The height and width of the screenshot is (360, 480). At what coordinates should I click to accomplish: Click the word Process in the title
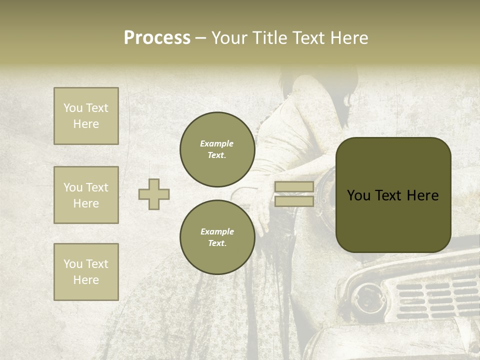coord(157,38)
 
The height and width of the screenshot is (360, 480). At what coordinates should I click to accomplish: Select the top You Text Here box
coord(86,116)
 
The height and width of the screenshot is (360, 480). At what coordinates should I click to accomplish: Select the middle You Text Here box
coord(86,195)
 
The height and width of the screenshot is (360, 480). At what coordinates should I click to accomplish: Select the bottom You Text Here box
coord(86,272)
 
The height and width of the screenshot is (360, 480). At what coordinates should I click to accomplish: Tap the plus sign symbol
coord(154,194)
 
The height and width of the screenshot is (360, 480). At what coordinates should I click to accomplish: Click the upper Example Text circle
coord(217,149)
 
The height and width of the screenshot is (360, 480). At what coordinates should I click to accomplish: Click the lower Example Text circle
coord(217,237)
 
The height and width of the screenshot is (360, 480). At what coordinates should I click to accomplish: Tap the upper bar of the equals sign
coord(294,187)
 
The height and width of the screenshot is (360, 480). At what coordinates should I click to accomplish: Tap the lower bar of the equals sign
coord(294,201)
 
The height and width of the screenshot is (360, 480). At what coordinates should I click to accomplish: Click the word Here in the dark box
coord(422,195)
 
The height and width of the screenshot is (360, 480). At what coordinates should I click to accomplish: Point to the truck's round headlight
coord(368,298)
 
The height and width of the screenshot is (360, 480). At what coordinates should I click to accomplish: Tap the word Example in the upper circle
coord(217,143)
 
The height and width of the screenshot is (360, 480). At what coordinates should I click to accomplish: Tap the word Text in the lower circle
coord(217,243)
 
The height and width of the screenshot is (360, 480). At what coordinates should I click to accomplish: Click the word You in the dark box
coord(358,195)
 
